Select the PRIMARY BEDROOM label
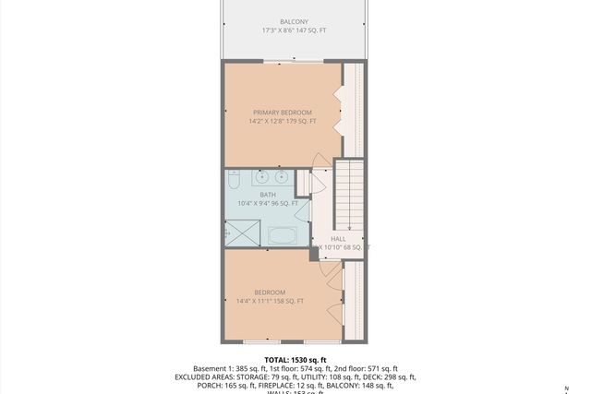click(x=283, y=113)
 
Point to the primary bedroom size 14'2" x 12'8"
click(x=283, y=121)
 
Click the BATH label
click(x=268, y=195)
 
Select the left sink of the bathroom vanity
click(x=260, y=176)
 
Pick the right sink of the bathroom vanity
click(x=281, y=176)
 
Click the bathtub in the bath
click(x=283, y=235)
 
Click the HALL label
click(x=338, y=239)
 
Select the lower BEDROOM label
click(x=270, y=293)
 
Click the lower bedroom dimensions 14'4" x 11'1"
click(x=270, y=301)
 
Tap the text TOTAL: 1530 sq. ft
click(x=295, y=360)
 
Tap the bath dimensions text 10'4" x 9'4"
click(x=268, y=203)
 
